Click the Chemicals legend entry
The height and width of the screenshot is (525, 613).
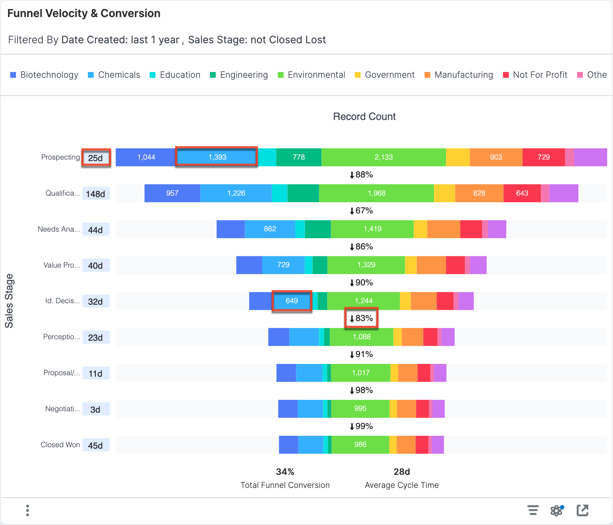[x=114, y=75]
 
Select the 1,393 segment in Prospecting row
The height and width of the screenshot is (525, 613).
[x=217, y=157]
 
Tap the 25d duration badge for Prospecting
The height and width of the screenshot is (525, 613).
[x=96, y=158]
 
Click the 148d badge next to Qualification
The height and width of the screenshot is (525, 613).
[x=96, y=194]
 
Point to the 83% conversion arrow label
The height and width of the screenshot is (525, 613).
[x=361, y=318]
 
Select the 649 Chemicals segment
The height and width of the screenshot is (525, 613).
[x=292, y=301]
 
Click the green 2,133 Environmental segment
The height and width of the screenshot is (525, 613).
[x=383, y=157]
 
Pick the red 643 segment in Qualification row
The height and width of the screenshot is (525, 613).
[x=522, y=193]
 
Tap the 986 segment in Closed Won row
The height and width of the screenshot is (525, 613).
[x=360, y=444]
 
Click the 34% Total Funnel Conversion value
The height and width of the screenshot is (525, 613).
[x=285, y=472]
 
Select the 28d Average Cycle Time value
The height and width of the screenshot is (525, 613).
[x=402, y=472]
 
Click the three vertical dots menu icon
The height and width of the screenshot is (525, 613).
[x=28, y=510]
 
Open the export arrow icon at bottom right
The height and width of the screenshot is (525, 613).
[x=582, y=510]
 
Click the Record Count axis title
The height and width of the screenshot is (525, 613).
[x=364, y=117]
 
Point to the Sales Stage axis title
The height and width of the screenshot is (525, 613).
[x=9, y=301]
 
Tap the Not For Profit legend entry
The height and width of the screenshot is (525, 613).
[x=535, y=75]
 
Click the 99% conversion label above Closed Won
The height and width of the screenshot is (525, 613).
[x=361, y=426]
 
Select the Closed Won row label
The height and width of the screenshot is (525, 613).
[x=60, y=445]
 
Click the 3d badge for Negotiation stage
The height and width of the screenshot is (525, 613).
[x=96, y=409]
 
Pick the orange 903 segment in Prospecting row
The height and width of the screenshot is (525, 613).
[x=496, y=157]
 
